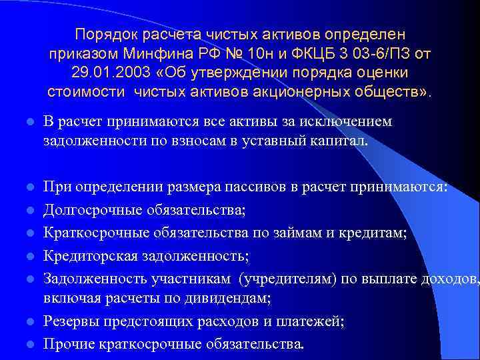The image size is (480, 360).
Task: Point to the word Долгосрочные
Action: [87, 211]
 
